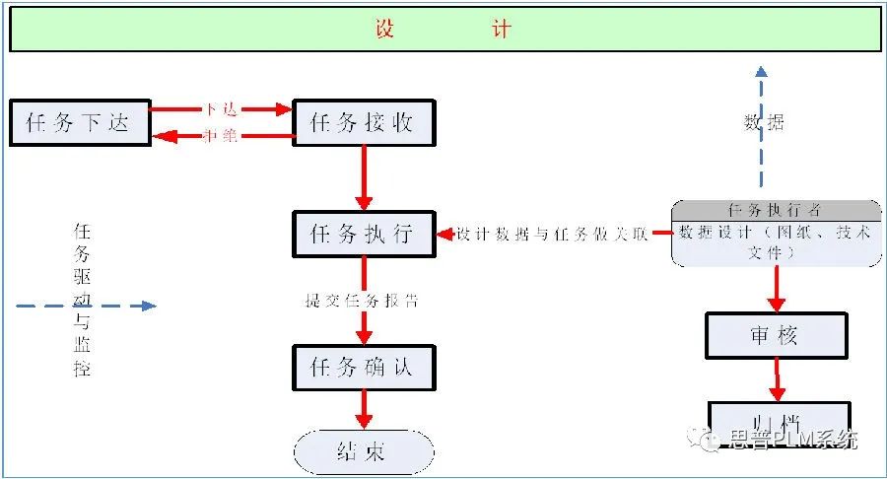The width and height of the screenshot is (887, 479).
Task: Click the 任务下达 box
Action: click(x=80, y=122)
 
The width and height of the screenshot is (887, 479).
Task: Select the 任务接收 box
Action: click(x=363, y=122)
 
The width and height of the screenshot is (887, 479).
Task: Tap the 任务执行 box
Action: click(x=363, y=235)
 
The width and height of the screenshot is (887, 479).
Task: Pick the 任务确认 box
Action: click(x=363, y=367)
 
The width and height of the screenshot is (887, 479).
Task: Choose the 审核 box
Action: click(x=776, y=336)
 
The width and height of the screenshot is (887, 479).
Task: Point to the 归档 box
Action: click(x=776, y=414)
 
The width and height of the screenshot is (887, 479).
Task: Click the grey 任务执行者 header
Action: click(x=776, y=210)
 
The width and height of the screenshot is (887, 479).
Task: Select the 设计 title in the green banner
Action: click(x=443, y=29)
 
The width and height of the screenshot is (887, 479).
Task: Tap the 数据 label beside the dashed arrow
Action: click(x=764, y=123)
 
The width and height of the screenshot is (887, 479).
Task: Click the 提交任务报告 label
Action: click(x=362, y=301)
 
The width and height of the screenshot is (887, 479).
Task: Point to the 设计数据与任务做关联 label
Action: click(x=552, y=235)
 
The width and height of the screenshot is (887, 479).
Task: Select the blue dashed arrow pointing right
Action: click(x=87, y=306)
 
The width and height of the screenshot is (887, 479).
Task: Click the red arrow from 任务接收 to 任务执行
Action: click(x=363, y=177)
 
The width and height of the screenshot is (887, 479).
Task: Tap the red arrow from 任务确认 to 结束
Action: click(x=363, y=408)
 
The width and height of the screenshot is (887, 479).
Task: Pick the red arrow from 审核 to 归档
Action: click(x=777, y=379)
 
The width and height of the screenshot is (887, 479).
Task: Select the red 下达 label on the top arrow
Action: click(x=221, y=108)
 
